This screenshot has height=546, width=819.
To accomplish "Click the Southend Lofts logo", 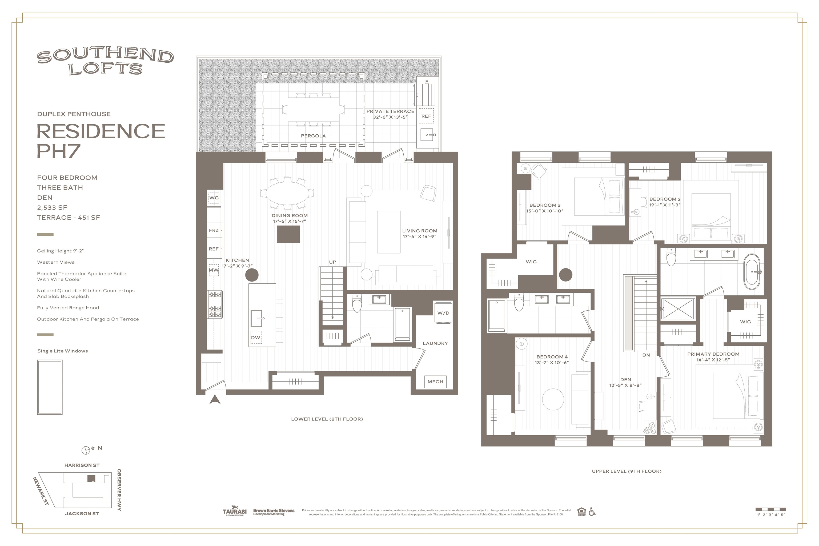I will click(105, 62).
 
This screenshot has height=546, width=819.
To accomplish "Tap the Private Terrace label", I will click(390, 111).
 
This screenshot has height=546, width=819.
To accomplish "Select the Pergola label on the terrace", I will click(313, 136).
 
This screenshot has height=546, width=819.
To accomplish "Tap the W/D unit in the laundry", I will click(443, 313).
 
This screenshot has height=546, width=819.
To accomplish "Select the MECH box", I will click(435, 382).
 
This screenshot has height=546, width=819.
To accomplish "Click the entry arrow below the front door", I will click(215, 399).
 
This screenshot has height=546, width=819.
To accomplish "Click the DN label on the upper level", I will click(646, 355).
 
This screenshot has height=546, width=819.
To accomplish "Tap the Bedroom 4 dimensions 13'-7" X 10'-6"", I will click(552, 363).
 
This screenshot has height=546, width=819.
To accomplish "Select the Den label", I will click(625, 380).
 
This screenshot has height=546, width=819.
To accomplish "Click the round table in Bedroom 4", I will click(553, 399).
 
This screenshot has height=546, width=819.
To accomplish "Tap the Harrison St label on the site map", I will click(82, 465).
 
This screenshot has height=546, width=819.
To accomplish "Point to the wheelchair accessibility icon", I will click(592, 512).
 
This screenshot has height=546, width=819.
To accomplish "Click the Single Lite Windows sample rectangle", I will click(50, 387).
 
